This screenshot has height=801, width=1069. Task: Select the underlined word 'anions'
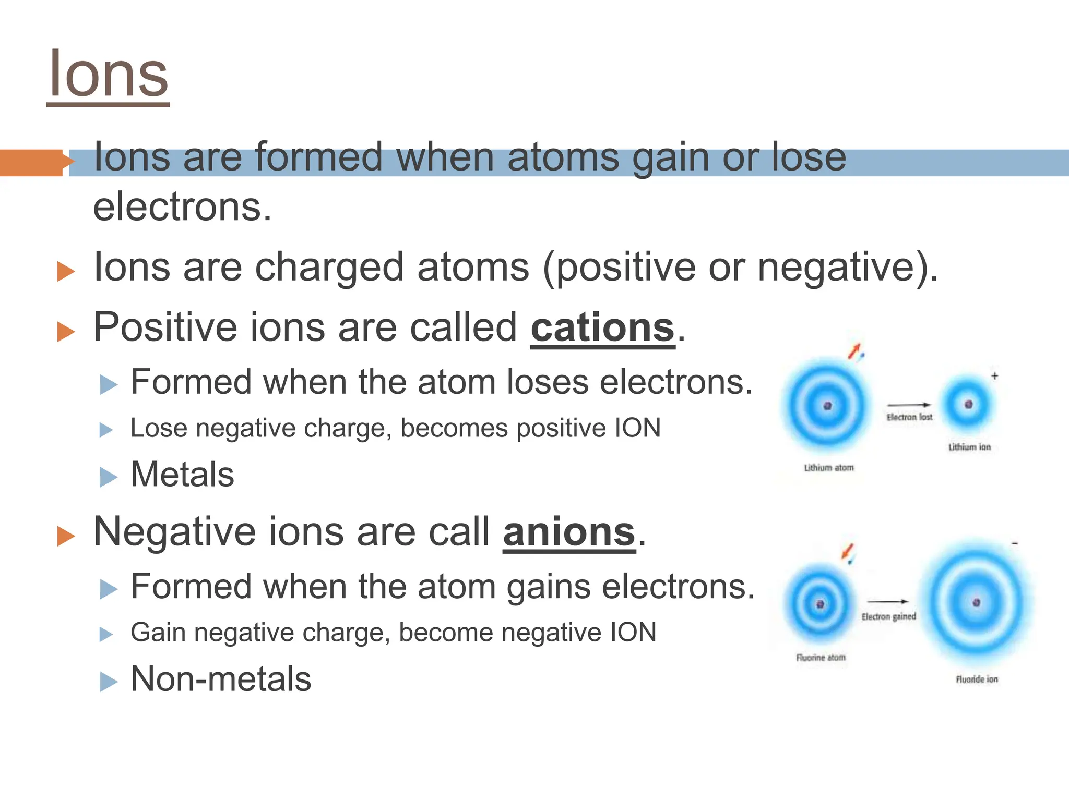click(569, 532)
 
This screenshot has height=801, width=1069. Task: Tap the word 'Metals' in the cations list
click(182, 475)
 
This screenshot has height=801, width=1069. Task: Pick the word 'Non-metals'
click(221, 679)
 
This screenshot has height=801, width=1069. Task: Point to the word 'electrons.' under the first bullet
click(182, 207)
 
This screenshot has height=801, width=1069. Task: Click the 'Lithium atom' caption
click(829, 468)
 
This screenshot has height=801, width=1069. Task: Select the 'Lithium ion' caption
click(969, 447)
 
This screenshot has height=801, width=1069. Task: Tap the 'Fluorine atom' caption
click(821, 658)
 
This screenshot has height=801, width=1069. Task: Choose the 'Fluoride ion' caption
click(977, 679)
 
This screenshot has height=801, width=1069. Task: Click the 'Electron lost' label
click(909, 417)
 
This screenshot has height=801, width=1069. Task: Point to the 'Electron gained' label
click(888, 616)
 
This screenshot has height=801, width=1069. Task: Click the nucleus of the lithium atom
click(827, 406)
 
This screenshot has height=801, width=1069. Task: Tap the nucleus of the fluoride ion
click(976, 603)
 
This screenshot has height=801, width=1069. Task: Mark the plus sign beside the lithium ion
click(995, 375)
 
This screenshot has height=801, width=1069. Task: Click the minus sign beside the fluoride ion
click(1015, 543)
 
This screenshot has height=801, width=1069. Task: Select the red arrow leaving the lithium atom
click(854, 351)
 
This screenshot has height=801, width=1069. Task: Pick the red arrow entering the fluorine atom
click(847, 552)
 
